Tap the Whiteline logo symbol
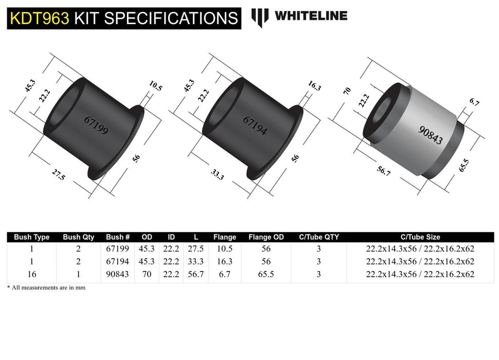(260, 17)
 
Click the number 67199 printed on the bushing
(96, 124)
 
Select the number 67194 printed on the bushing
(255, 124)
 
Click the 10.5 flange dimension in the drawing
(155, 85)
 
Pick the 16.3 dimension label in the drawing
(314, 85)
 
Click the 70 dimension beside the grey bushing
(347, 92)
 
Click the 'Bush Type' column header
(32, 237)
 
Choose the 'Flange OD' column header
(266, 237)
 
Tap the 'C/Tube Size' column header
(419, 237)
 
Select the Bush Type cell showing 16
(32, 275)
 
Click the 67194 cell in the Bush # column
(118, 262)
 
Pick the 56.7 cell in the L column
(196, 275)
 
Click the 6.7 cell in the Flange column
(225, 275)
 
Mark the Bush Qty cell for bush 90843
(78, 275)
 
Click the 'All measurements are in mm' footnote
(46, 287)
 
